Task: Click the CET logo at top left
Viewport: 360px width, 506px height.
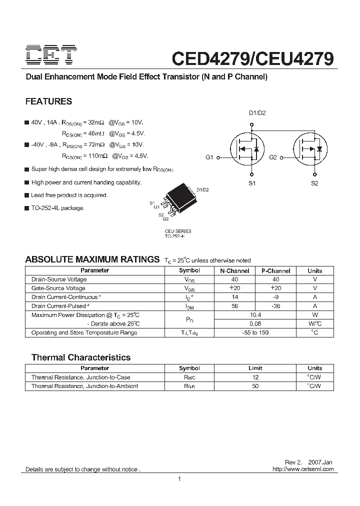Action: [x=51, y=55]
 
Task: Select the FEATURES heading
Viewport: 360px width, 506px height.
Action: [x=48, y=101]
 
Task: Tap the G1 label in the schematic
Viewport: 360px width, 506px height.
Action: [x=209, y=157]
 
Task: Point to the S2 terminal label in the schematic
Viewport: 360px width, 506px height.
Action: [x=314, y=183]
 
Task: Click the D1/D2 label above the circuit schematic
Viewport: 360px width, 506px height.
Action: [x=257, y=113]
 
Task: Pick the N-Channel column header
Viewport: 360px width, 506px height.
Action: [x=234, y=270]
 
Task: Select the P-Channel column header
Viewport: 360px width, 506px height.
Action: [x=275, y=270]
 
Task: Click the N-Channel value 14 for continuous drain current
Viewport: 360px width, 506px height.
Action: [x=234, y=297]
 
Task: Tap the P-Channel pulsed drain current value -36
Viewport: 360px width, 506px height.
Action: [x=275, y=306]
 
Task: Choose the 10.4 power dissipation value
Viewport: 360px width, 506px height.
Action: [x=255, y=315]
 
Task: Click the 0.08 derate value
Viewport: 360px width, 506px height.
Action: [x=255, y=323]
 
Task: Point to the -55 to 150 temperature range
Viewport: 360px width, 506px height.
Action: [x=255, y=332]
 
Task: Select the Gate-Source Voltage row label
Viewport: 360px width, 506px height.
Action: [x=58, y=288]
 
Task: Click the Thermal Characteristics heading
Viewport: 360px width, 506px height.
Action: [x=81, y=357]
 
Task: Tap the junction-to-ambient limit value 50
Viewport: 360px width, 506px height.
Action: [x=255, y=386]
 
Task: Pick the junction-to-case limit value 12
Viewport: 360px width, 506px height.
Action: [x=255, y=377]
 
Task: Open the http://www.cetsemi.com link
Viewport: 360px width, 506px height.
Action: [x=303, y=469]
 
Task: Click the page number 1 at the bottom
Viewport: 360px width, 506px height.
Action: [x=179, y=479]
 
